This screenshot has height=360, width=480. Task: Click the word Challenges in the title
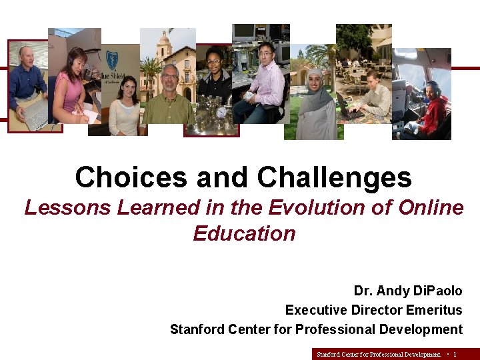pos(334,178)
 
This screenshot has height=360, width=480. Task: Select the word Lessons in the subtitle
pos(67,208)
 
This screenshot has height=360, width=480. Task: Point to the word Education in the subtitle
pos(244,233)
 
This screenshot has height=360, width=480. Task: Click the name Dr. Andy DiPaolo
pos(407,291)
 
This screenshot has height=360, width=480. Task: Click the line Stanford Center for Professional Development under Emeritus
pos(316,329)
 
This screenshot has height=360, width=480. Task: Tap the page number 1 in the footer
pos(455,354)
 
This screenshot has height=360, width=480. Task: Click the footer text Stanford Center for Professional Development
pos(378,354)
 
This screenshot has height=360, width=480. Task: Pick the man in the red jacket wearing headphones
pos(432,110)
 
